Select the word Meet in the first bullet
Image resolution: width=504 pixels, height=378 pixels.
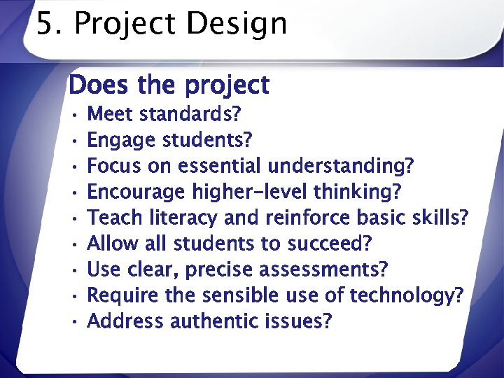[113, 113]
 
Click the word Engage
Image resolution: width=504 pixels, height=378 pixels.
[122, 139]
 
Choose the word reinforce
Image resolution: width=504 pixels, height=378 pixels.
[307, 218]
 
